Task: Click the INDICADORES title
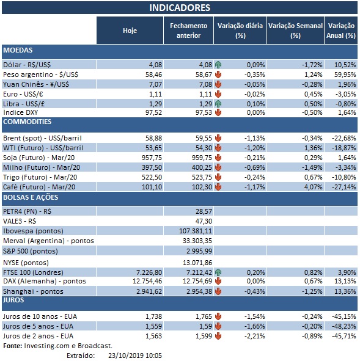coord(180,8)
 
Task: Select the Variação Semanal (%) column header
coord(295,30)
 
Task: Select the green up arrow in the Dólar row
coord(218,64)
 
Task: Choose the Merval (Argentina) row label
coord(48,241)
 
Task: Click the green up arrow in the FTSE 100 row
coord(218,271)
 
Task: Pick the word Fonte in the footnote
coord(12,346)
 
